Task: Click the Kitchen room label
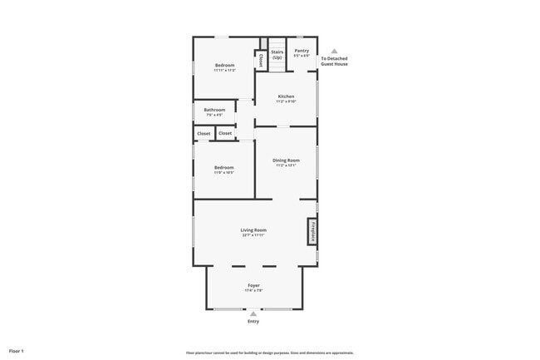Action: pos(286,96)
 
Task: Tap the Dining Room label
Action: pos(287,160)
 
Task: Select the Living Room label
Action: pos(253,229)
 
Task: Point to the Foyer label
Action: pos(253,285)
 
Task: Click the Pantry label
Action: pos(302,51)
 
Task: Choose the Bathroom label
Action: pos(214,110)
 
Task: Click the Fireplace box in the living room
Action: pos(312,231)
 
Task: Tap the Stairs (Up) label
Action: pos(277,54)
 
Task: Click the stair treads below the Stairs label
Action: pos(277,66)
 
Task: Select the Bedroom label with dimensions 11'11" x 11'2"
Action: pos(224,65)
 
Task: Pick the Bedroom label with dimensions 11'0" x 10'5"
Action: pos(224,167)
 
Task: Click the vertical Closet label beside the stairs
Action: pos(261,60)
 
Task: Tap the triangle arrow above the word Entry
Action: pos(253,313)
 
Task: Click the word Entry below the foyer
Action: pos(253,322)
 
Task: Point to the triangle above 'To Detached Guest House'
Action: pos(335,51)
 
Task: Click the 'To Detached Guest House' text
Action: pos(335,61)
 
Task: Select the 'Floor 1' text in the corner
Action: pos(17,352)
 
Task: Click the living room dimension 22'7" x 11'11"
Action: pos(253,235)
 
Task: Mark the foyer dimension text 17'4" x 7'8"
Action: pos(253,291)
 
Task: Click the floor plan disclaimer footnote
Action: pos(270,353)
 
